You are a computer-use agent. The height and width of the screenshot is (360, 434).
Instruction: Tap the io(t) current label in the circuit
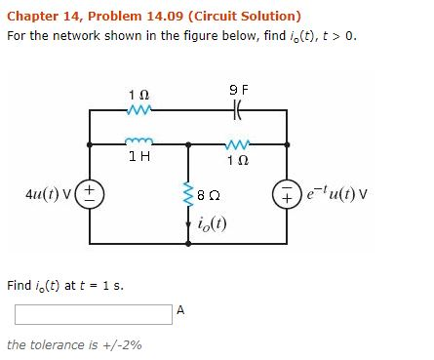[x=214, y=219]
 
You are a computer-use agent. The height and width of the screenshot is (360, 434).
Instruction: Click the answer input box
[x=92, y=314]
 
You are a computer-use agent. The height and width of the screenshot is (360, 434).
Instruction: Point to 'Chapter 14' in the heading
[x=43, y=16]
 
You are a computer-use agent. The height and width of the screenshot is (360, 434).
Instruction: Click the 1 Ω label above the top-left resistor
[x=138, y=94]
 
